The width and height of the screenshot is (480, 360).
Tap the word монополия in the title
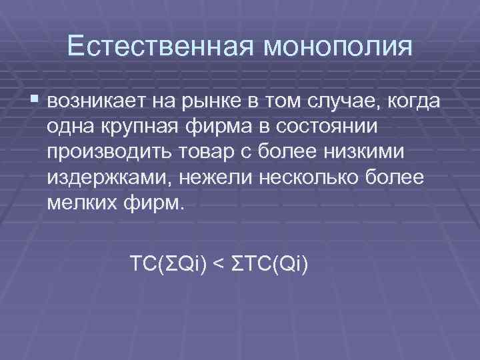(339, 47)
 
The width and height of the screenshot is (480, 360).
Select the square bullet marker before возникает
(35, 99)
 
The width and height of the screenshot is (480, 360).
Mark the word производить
(109, 151)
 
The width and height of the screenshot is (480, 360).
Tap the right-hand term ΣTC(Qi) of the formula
(269, 265)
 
